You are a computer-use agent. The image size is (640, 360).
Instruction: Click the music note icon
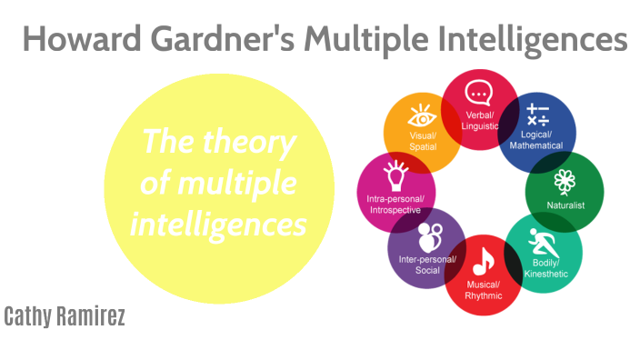(x=483, y=261)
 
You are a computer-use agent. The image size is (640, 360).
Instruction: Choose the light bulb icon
(x=394, y=171)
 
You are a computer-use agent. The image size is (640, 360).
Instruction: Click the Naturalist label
(x=565, y=205)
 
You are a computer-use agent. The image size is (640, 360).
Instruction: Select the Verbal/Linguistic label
(x=479, y=121)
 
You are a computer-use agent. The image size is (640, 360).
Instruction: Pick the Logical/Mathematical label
(x=536, y=140)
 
